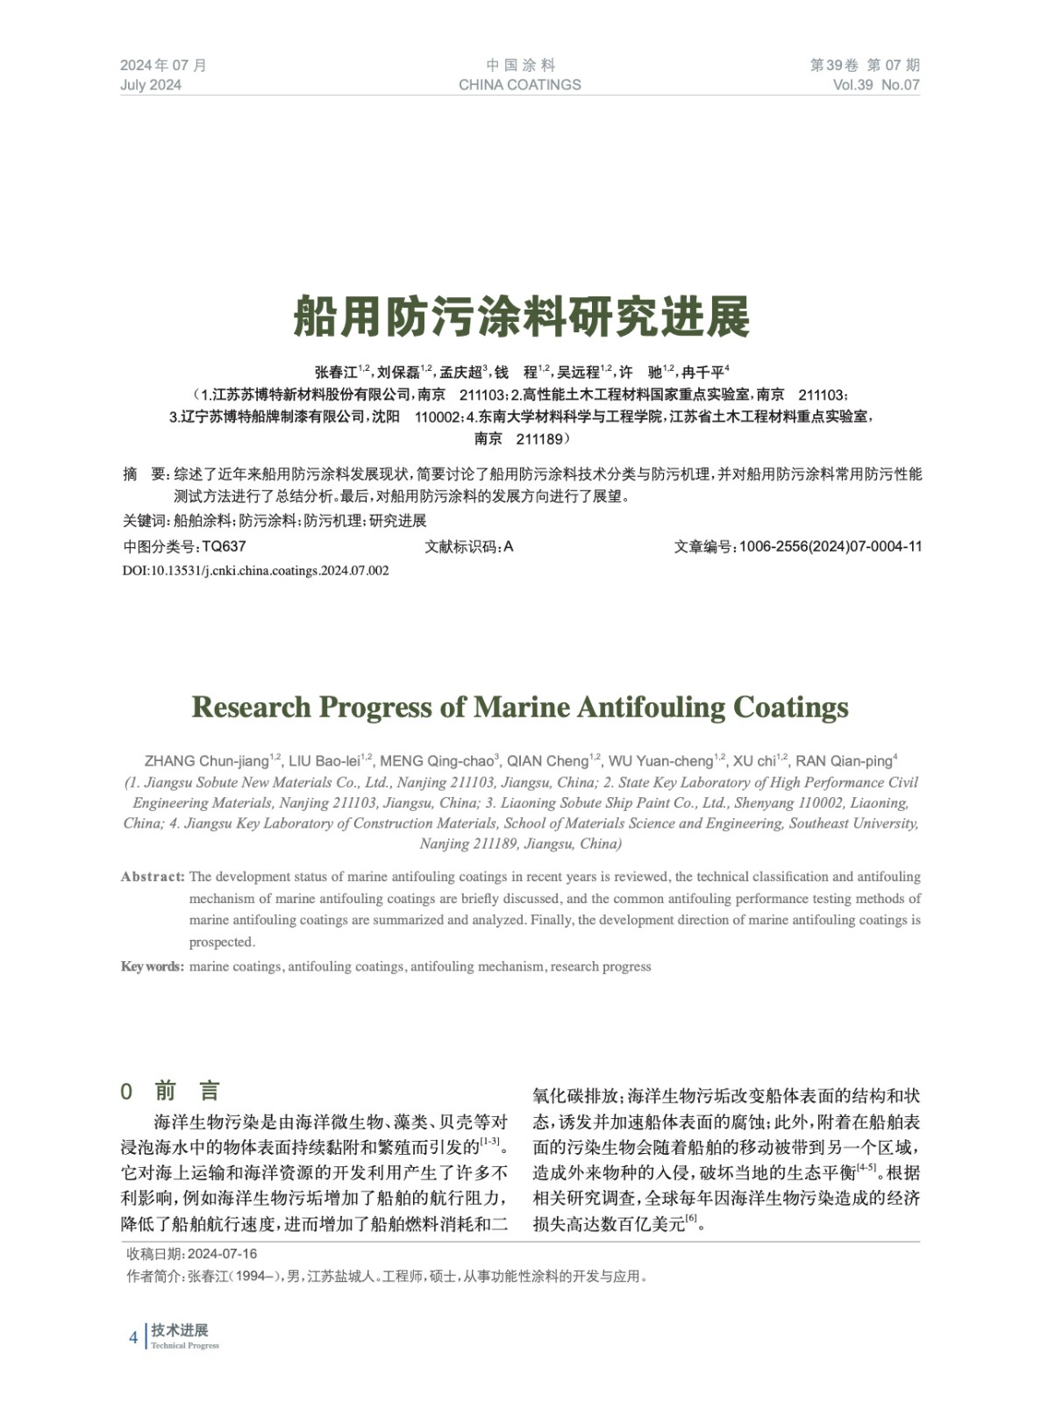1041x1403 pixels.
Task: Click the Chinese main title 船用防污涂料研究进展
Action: point(521,317)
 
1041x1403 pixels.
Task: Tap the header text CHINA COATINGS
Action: point(519,85)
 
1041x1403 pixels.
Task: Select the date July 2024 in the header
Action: point(151,85)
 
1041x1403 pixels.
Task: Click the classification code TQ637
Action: point(224,546)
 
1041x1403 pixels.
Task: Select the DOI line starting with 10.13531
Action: point(255,571)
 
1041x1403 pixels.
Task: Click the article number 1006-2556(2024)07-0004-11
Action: point(830,546)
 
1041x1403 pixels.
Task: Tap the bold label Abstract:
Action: point(153,877)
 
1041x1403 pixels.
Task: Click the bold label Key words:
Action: point(152,966)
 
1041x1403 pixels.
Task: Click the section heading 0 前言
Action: point(171,1091)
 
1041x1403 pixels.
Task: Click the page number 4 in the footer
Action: point(133,1337)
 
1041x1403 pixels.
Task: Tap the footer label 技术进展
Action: point(180,1330)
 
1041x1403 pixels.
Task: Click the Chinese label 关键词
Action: point(145,521)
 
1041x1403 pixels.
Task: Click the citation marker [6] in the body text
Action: point(691,1219)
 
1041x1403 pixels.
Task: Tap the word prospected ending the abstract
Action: point(221,943)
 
